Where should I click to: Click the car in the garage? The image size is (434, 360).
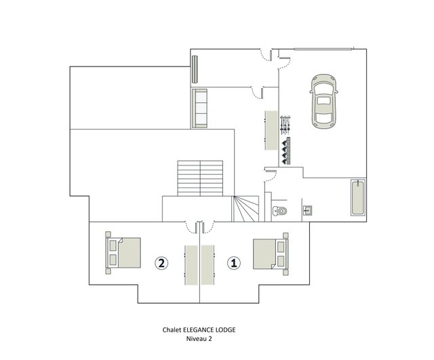(324, 101)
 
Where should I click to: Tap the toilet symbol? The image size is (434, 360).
(280, 211)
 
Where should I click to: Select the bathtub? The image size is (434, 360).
(358, 197)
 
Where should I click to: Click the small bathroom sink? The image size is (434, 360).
(307, 211)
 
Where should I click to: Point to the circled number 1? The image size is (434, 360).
(234, 263)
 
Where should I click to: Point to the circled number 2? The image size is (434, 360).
(161, 263)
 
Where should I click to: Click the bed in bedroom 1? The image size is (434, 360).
(271, 254)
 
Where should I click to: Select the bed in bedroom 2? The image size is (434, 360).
(123, 253)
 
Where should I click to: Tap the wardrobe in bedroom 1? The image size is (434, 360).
(208, 265)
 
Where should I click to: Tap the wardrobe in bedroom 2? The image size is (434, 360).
(191, 265)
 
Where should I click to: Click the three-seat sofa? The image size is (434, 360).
(199, 108)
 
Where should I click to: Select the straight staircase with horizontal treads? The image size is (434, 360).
(200, 178)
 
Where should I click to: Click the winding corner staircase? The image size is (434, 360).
(245, 209)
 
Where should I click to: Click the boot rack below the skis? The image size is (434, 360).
(285, 151)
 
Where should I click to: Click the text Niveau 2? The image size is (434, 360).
(199, 339)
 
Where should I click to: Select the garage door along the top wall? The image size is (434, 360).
(323, 49)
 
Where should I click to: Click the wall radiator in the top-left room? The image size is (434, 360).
(195, 69)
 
